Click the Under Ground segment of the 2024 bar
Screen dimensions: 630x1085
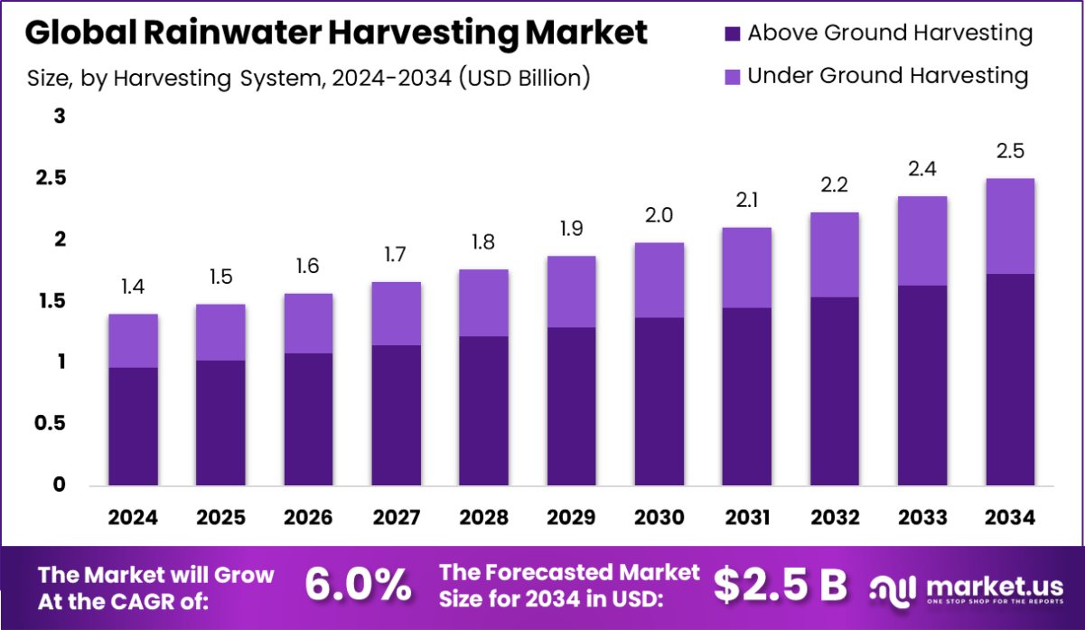point(133,341)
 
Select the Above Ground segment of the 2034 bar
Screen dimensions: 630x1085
point(1009,380)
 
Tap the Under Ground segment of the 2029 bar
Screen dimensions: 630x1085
point(571,291)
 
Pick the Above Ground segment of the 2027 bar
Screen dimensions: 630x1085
point(396,415)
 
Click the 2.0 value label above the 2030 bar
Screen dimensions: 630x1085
point(659,216)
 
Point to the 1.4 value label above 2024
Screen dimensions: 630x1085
point(133,287)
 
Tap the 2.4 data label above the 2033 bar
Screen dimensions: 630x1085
point(921,169)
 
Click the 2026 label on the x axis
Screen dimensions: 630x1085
point(308,517)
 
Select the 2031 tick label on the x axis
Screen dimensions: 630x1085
point(746,517)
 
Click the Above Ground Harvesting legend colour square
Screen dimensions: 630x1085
point(732,34)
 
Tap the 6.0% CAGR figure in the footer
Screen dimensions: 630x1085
point(358,586)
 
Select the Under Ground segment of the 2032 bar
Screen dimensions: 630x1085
point(834,255)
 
